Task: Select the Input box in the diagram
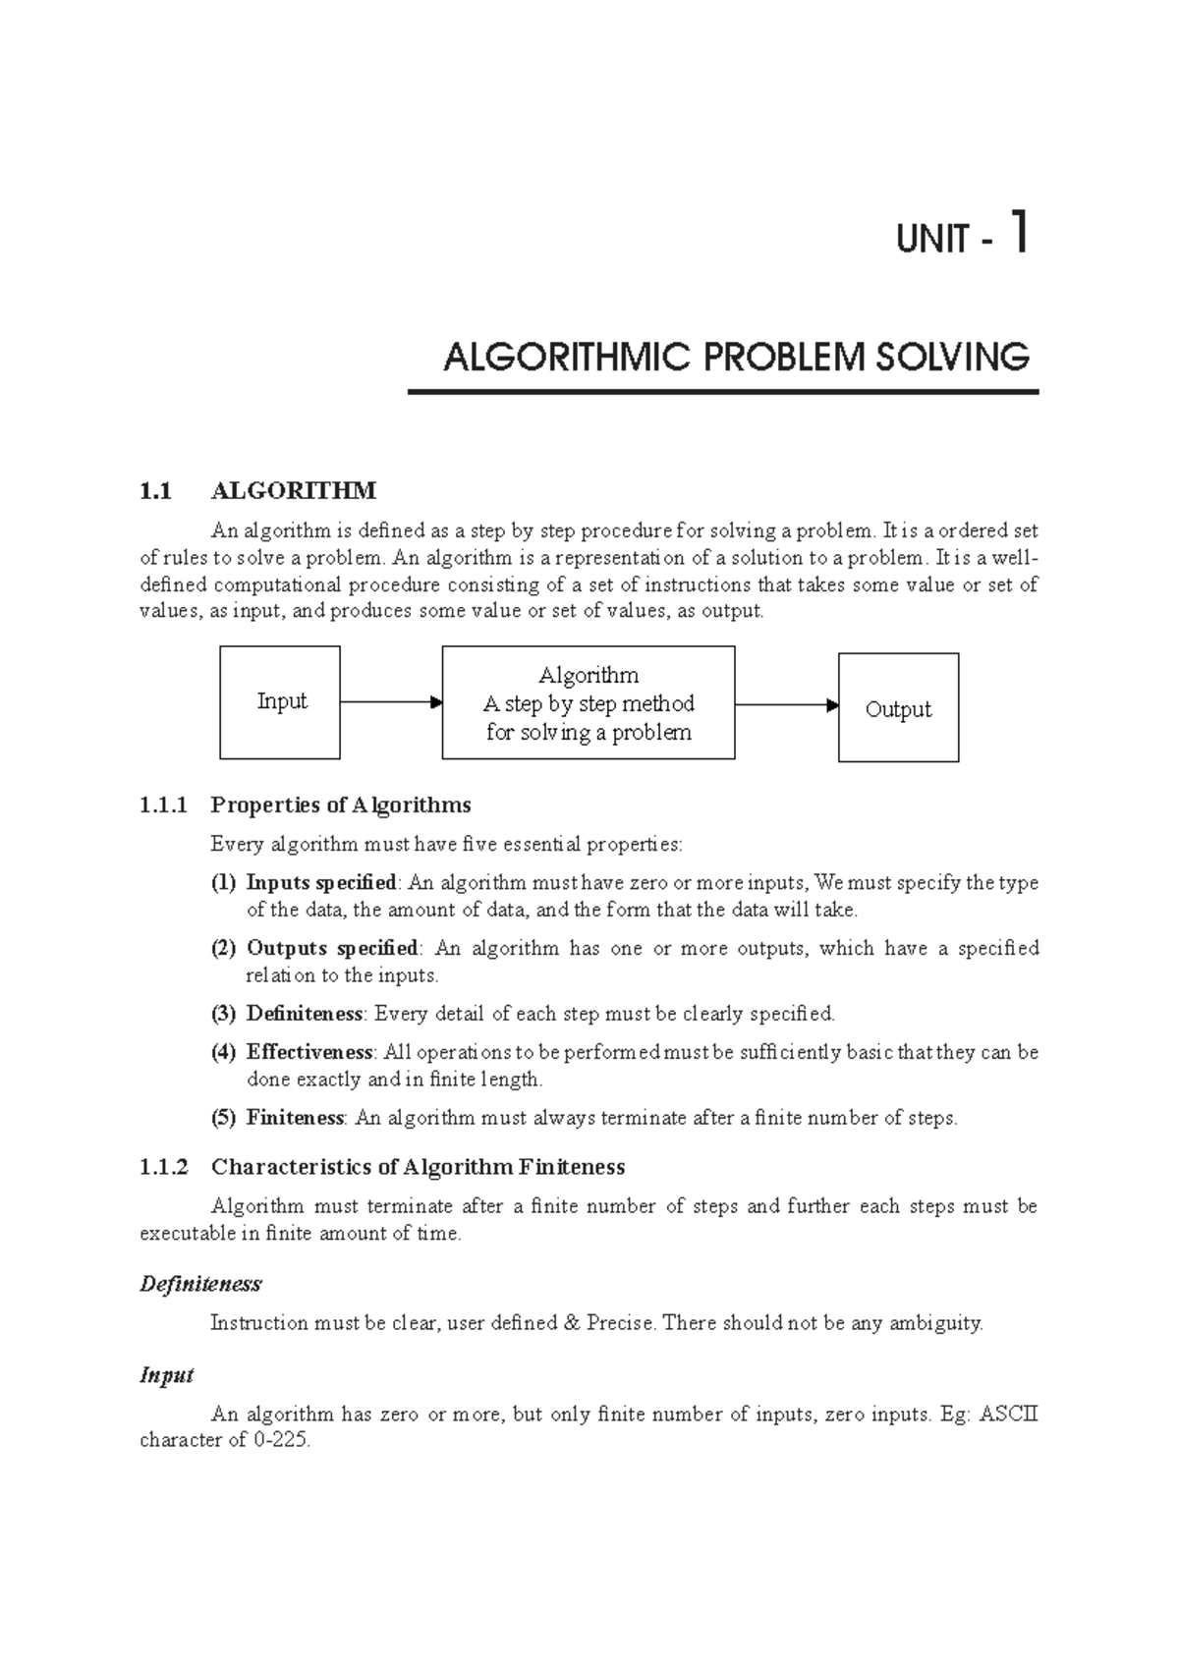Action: coord(280,701)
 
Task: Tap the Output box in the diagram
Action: coord(898,708)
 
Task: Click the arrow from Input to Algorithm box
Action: coord(391,702)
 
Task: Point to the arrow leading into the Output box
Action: coord(786,705)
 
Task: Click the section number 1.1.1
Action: coord(163,805)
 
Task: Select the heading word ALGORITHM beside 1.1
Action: coord(293,490)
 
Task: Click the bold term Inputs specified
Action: coord(321,882)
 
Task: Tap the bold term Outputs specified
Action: coord(332,948)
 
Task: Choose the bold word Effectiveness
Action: coord(309,1052)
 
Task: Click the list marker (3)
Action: coord(223,1014)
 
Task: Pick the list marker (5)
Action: coord(223,1118)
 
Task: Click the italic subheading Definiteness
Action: coord(200,1284)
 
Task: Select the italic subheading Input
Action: coord(166,1375)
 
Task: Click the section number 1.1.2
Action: coord(163,1167)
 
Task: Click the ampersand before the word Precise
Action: coord(572,1323)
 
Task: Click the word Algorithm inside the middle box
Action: coord(588,676)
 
